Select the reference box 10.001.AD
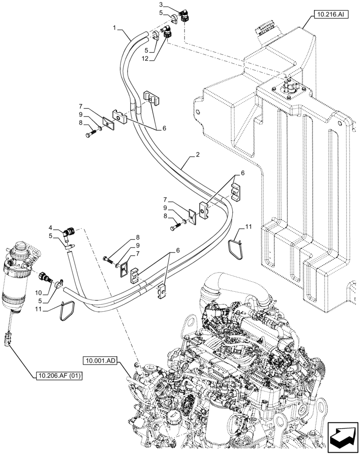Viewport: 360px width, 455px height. pos(100,361)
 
